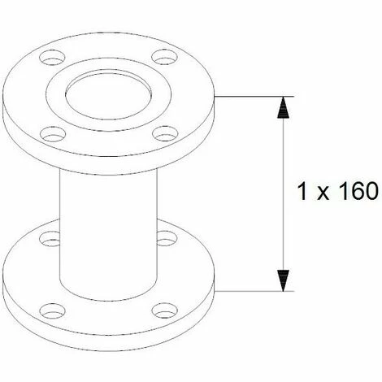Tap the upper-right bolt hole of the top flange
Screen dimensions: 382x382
166,59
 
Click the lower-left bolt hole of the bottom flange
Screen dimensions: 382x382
53,310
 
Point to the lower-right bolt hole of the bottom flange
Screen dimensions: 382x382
165,310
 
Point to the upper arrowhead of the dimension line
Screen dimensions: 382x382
282,109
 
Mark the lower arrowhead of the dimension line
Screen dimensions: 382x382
282,279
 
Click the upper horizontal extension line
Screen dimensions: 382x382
252,98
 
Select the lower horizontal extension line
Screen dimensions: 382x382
252,290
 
